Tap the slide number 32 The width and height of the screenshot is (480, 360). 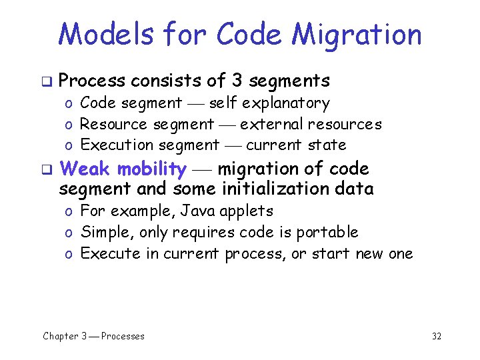click(x=437, y=336)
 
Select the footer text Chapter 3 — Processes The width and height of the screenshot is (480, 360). click(x=93, y=336)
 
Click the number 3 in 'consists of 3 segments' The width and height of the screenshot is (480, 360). click(x=237, y=81)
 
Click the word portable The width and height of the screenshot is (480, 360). click(x=332, y=233)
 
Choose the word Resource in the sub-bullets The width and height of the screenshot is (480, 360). click(x=113, y=124)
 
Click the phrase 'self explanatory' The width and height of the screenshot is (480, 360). click(x=269, y=103)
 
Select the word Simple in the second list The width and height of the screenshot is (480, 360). click(x=101, y=233)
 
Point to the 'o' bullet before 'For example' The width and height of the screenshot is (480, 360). click(x=69, y=212)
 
